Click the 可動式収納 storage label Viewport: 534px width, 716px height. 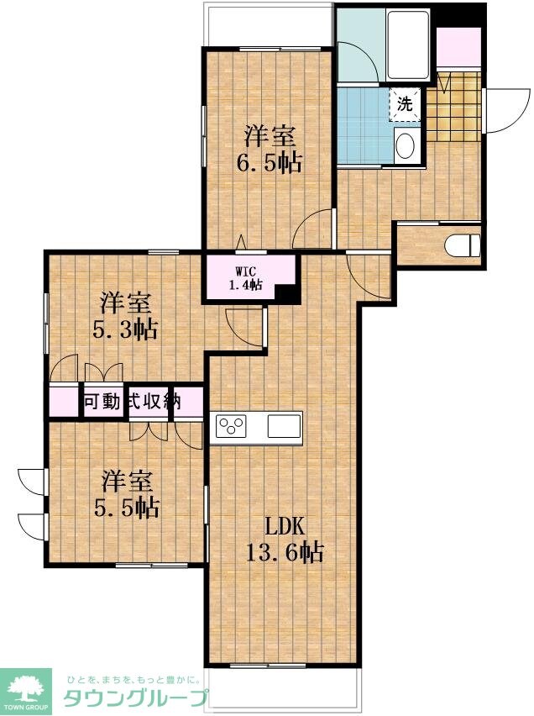pyautogui.click(x=131, y=401)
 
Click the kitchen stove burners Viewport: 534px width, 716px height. pyautogui.click(x=231, y=425)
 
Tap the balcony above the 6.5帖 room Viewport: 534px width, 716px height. pyautogui.click(x=269, y=25)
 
